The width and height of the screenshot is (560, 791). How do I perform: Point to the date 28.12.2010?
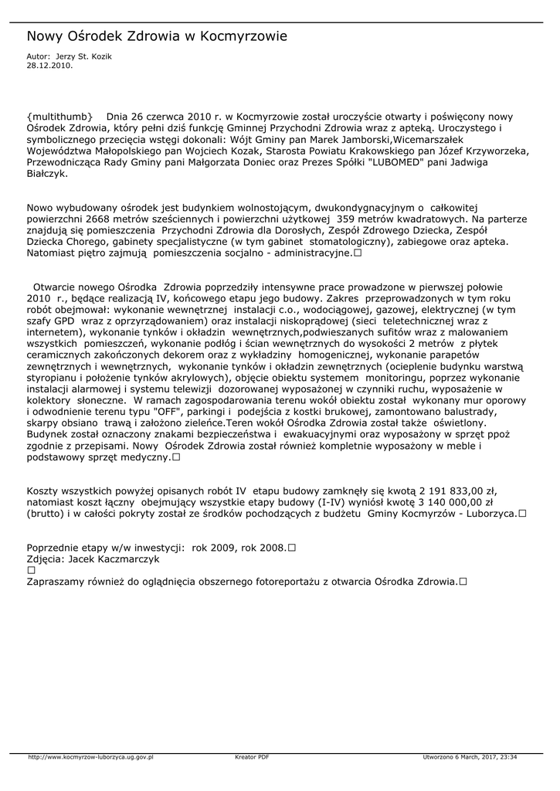49,66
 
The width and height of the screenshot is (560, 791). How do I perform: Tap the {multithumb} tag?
60,116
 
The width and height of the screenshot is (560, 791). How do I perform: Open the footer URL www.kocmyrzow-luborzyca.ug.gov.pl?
91,757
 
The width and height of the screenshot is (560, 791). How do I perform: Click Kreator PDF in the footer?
252,757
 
